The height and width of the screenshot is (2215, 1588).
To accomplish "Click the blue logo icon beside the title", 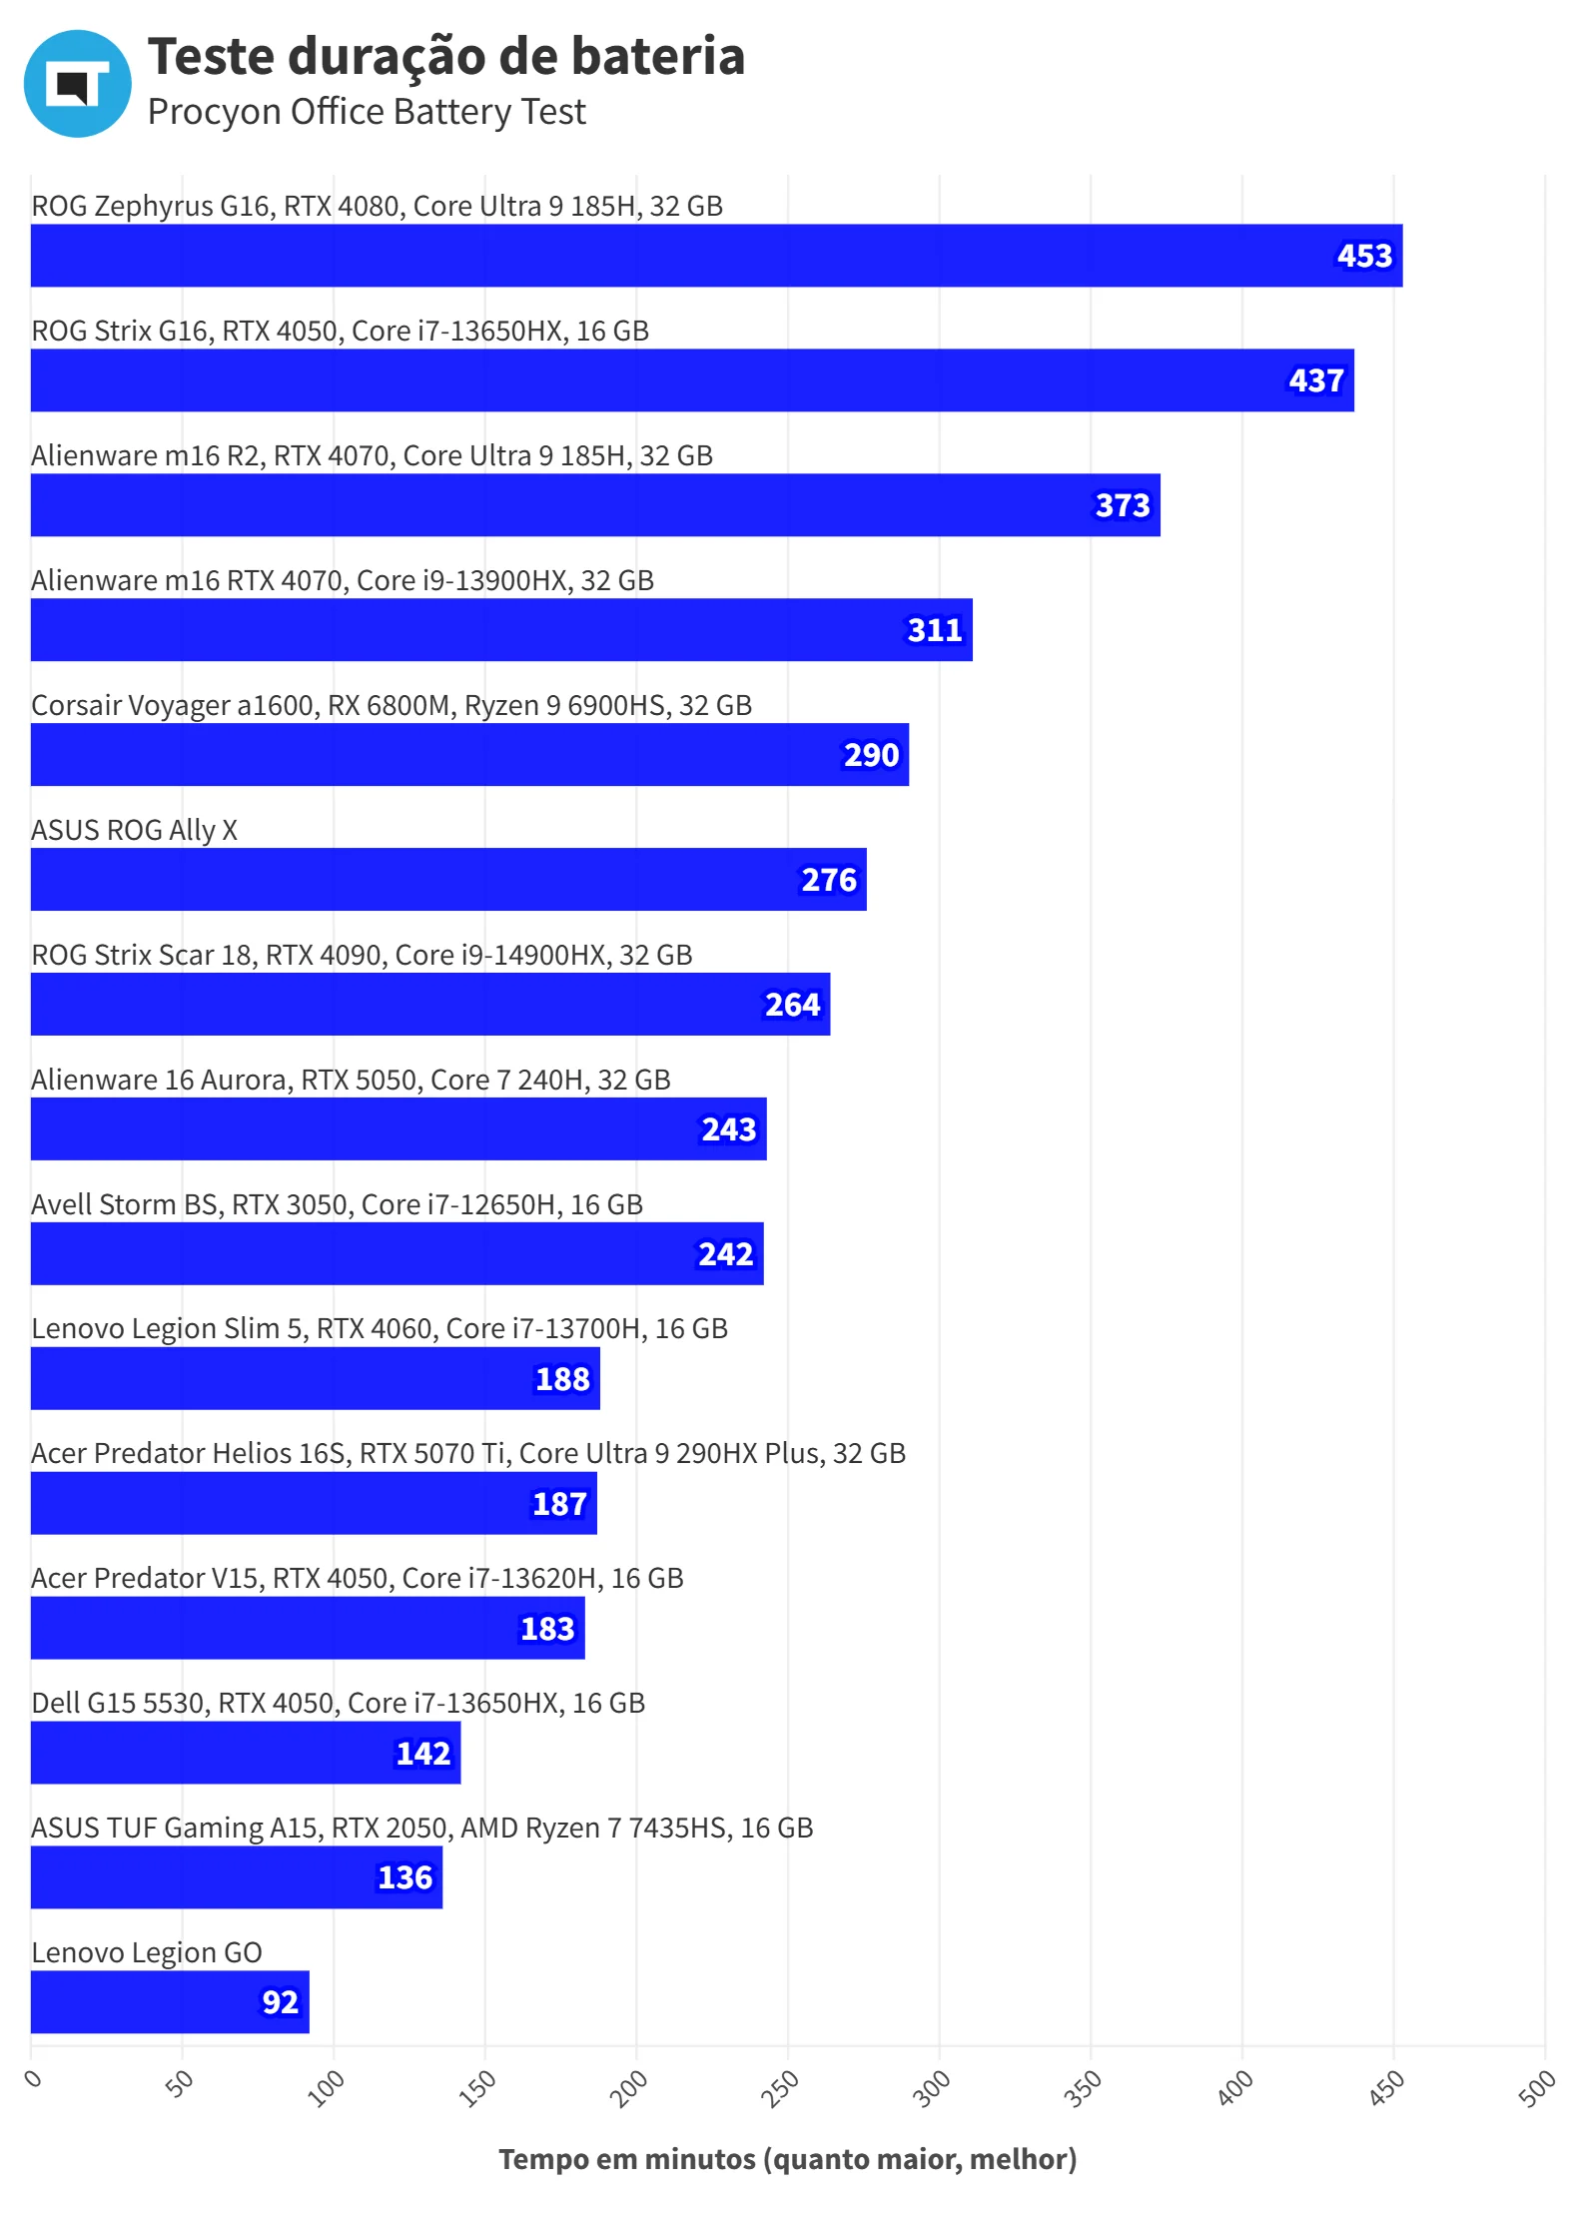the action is pos(77,83).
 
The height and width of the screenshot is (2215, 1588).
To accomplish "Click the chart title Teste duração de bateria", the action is pos(445,56).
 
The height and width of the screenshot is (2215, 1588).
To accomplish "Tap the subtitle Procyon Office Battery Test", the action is pos(367,112).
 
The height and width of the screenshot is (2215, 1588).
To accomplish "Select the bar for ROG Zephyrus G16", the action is pos(716,256).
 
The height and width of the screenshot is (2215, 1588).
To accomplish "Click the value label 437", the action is pos(1315,380).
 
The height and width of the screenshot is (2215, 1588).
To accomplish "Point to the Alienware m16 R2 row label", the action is pos(372,455).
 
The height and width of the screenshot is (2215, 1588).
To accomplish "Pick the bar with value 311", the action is pos(501,630).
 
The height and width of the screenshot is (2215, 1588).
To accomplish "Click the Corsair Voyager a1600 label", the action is pos(392,705).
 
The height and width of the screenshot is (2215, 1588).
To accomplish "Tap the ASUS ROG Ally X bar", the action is pos(448,880).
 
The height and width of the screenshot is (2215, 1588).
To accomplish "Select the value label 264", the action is pos(792,1005).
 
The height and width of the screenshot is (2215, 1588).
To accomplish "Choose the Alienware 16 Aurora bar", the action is pos(398,1129).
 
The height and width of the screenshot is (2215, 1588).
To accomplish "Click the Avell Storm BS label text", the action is pos(337,1204).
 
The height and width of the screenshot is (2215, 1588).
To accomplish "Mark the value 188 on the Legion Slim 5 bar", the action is pos(562,1379).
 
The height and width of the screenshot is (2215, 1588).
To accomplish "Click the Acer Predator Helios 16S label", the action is pos(468,1453).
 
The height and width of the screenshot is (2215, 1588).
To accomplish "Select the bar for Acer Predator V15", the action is pos(308,1628).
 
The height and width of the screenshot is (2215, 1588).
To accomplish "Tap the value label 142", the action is pos(423,1753).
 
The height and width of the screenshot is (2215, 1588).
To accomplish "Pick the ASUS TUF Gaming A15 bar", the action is pos(237,1877).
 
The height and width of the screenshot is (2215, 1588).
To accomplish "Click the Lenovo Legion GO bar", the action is pos(170,2002).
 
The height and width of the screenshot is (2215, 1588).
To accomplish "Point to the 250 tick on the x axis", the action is pos(780,2088).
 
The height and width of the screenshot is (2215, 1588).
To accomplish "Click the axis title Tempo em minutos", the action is pos(787,2159).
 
